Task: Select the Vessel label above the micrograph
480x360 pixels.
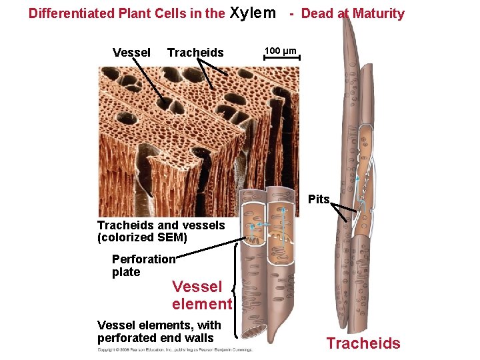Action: click(131, 53)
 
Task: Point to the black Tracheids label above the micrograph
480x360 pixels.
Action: click(195, 53)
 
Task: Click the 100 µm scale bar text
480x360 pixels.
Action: click(281, 51)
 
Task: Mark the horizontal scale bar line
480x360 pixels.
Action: click(282, 59)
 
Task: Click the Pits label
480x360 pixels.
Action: click(319, 199)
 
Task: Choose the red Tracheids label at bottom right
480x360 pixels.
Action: click(363, 343)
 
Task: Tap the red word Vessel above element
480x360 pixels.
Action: click(197, 287)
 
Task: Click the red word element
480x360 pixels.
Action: click(201, 304)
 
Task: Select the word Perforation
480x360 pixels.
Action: click(143, 259)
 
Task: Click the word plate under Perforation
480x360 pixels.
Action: click(126, 272)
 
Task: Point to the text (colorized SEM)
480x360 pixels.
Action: click(142, 237)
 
